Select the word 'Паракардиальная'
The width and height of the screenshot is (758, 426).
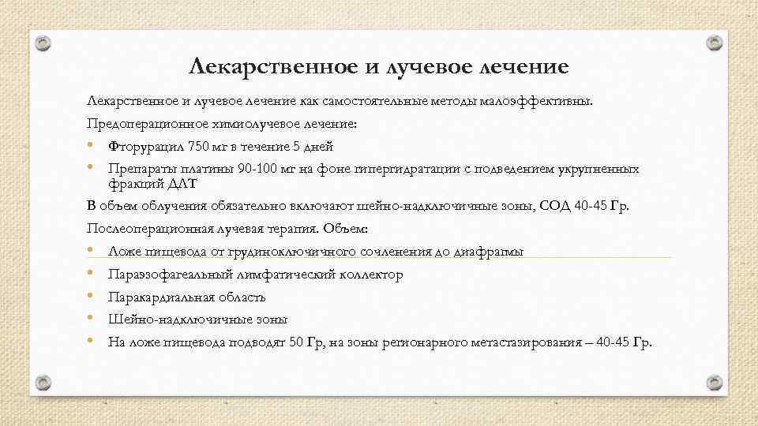click(155, 297)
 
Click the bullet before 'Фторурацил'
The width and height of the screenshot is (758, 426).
click(92, 146)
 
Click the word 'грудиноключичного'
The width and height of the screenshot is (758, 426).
click(269, 252)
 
